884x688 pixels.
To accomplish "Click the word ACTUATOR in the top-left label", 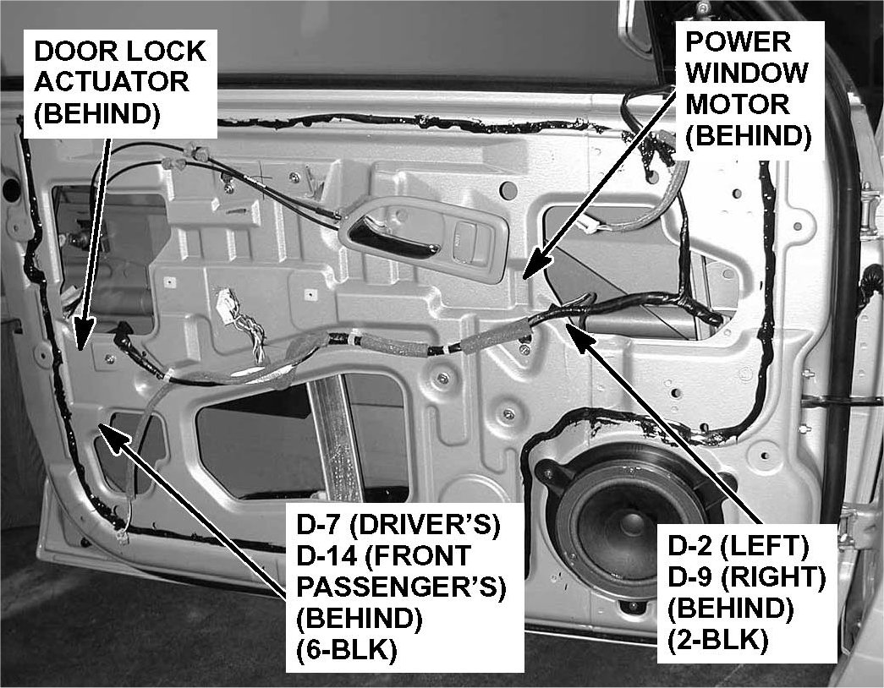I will (110, 82).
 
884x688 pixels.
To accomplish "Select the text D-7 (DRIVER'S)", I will (397, 526).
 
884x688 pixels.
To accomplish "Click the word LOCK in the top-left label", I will (164, 51).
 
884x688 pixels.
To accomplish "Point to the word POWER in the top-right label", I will (726, 41).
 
